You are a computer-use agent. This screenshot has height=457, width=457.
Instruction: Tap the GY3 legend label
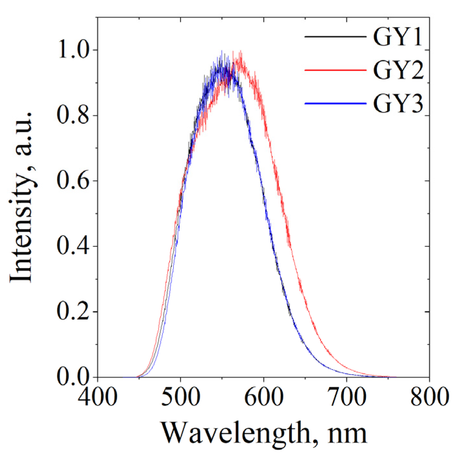(x=398, y=104)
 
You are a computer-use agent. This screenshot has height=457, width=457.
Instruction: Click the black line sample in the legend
(x=335, y=37)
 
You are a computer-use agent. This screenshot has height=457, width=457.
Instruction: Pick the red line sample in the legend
(x=335, y=70)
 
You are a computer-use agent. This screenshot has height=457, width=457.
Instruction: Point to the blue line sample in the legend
(x=335, y=103)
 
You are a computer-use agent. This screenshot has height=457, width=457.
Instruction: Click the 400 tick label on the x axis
(x=98, y=397)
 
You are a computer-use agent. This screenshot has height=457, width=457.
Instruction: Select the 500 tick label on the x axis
(x=180, y=397)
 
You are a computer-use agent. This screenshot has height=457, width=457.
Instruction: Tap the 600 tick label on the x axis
(x=263, y=397)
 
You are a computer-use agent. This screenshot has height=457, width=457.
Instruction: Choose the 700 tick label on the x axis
(x=347, y=397)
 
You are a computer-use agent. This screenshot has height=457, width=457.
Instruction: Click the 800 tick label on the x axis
(x=429, y=397)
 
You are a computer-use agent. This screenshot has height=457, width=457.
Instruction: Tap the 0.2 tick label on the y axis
(x=72, y=311)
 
